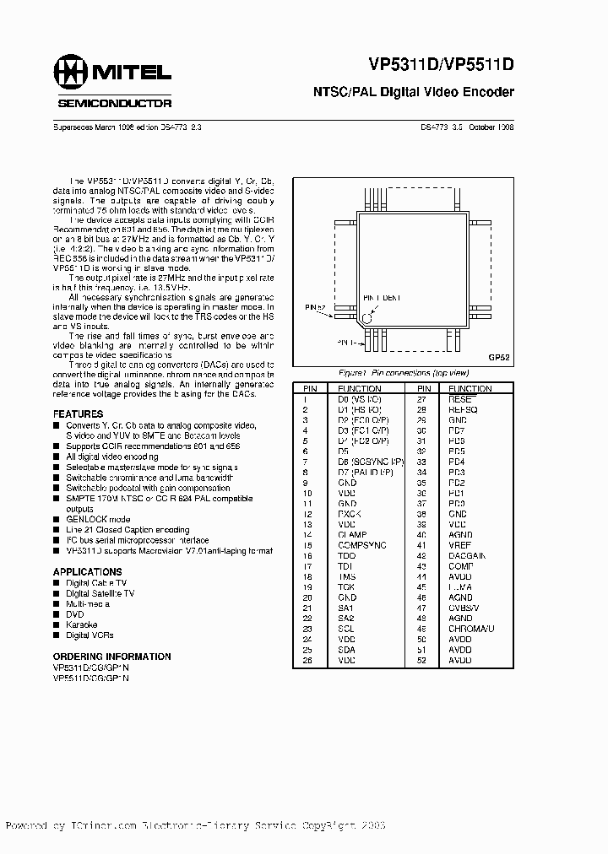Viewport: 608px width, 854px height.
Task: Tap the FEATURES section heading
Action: [78, 414]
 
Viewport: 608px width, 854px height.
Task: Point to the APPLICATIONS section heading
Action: [88, 571]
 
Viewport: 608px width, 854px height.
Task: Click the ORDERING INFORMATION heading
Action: [111, 656]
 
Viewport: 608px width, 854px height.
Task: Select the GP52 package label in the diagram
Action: [498, 358]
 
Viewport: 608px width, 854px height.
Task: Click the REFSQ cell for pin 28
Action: [463, 408]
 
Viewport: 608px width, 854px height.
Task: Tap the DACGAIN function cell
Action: [467, 556]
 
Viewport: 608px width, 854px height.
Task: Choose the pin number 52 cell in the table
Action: [420, 660]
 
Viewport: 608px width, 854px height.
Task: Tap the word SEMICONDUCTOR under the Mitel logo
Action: [114, 103]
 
